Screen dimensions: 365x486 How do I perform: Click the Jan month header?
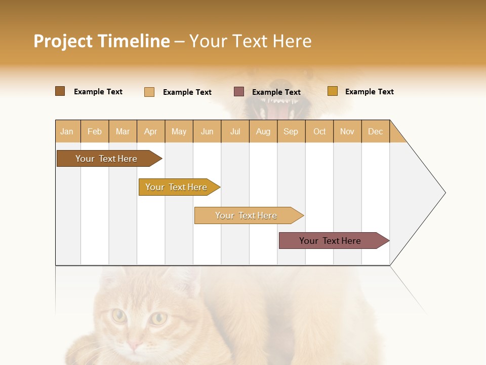click(67, 131)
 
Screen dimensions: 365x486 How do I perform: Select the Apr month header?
click(150, 131)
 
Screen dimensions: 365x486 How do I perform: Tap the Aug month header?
click(263, 131)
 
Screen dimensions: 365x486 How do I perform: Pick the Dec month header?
click(375, 131)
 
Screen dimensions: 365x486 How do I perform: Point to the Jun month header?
click(207, 131)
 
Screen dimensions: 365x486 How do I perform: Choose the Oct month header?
click(319, 131)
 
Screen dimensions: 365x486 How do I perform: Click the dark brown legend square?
click(60, 91)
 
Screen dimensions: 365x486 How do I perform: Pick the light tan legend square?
click(149, 92)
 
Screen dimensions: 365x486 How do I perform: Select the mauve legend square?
click(239, 91)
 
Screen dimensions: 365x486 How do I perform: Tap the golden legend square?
click(332, 91)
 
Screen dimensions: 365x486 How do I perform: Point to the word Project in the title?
click(63, 41)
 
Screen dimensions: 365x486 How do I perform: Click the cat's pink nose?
click(134, 345)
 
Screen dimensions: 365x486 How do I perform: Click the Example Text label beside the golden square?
click(369, 92)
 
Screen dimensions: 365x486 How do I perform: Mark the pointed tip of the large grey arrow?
click(444, 193)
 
